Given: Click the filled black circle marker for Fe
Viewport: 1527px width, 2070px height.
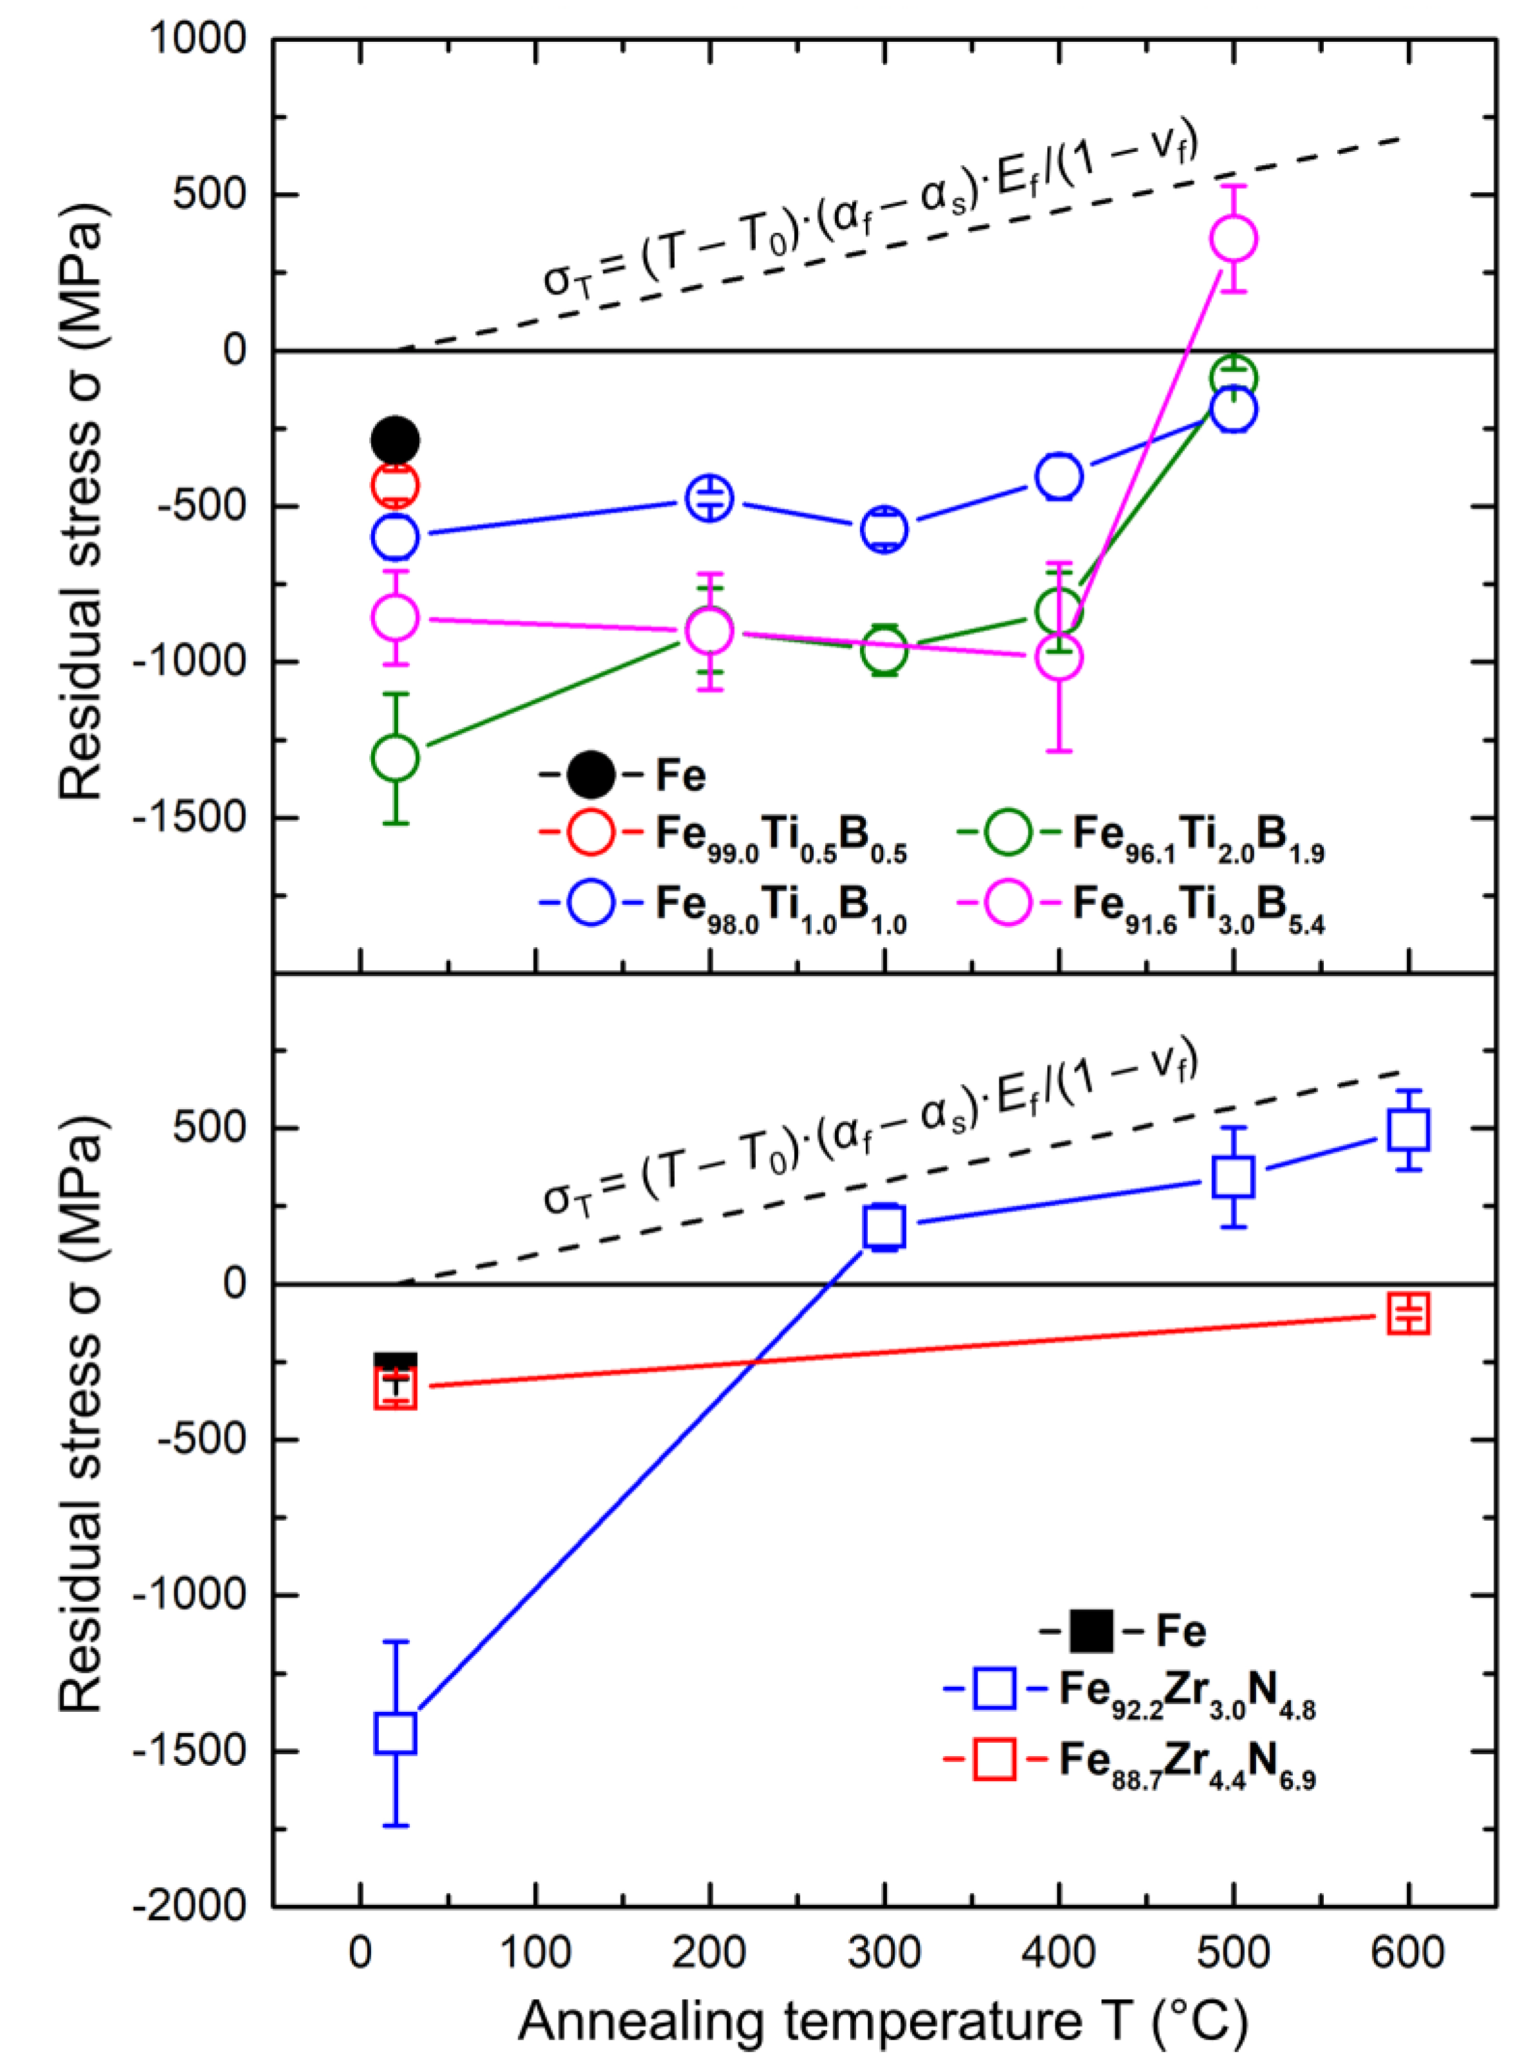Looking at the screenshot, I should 395,439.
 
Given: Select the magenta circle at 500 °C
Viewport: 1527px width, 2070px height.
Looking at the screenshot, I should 1233,239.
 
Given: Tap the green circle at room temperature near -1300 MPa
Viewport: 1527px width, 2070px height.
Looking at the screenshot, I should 395,758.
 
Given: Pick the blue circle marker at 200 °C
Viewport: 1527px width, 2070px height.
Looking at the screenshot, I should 709,498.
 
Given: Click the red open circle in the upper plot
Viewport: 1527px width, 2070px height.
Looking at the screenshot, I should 395,485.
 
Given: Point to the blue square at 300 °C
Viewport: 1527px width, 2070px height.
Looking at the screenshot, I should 884,1226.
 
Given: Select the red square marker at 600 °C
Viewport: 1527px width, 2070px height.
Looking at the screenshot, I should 1409,1313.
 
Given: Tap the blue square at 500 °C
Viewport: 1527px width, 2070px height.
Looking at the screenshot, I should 1233,1176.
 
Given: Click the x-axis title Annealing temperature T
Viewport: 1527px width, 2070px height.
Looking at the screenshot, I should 882,2021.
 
